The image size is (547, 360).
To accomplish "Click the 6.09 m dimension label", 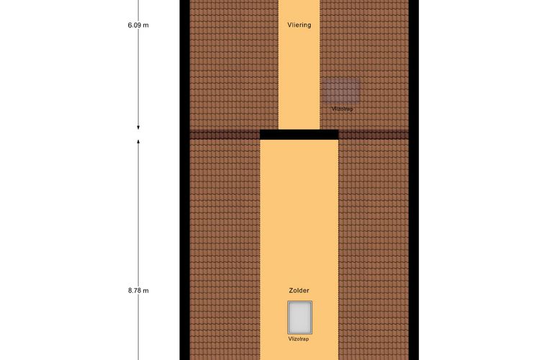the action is [138, 25].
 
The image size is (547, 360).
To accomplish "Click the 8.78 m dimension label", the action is [138, 291].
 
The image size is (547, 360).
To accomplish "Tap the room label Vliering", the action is [299, 25].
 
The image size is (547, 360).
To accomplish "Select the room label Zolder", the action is [299, 291].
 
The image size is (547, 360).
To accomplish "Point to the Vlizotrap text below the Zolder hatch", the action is [299, 338].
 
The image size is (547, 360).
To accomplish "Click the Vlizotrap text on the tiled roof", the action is [342, 109].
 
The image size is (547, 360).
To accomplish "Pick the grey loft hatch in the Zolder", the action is [299, 318].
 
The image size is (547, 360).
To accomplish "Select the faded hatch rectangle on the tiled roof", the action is [341, 91].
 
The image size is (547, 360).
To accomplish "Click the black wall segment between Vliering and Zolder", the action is [299, 135].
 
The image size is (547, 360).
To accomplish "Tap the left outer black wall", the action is [184, 180].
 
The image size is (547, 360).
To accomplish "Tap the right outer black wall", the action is [413, 180].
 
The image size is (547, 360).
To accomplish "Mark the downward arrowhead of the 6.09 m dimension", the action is [138, 127].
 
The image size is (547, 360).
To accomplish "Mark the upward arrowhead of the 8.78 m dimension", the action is [138, 142].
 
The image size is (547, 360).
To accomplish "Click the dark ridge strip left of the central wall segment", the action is [225, 135].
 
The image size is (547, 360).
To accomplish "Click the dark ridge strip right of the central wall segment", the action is [374, 135].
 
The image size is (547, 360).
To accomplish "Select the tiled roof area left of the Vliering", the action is [234, 65].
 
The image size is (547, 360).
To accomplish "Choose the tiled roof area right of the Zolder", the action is [374, 250].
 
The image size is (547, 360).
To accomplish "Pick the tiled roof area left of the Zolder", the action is [225, 250].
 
